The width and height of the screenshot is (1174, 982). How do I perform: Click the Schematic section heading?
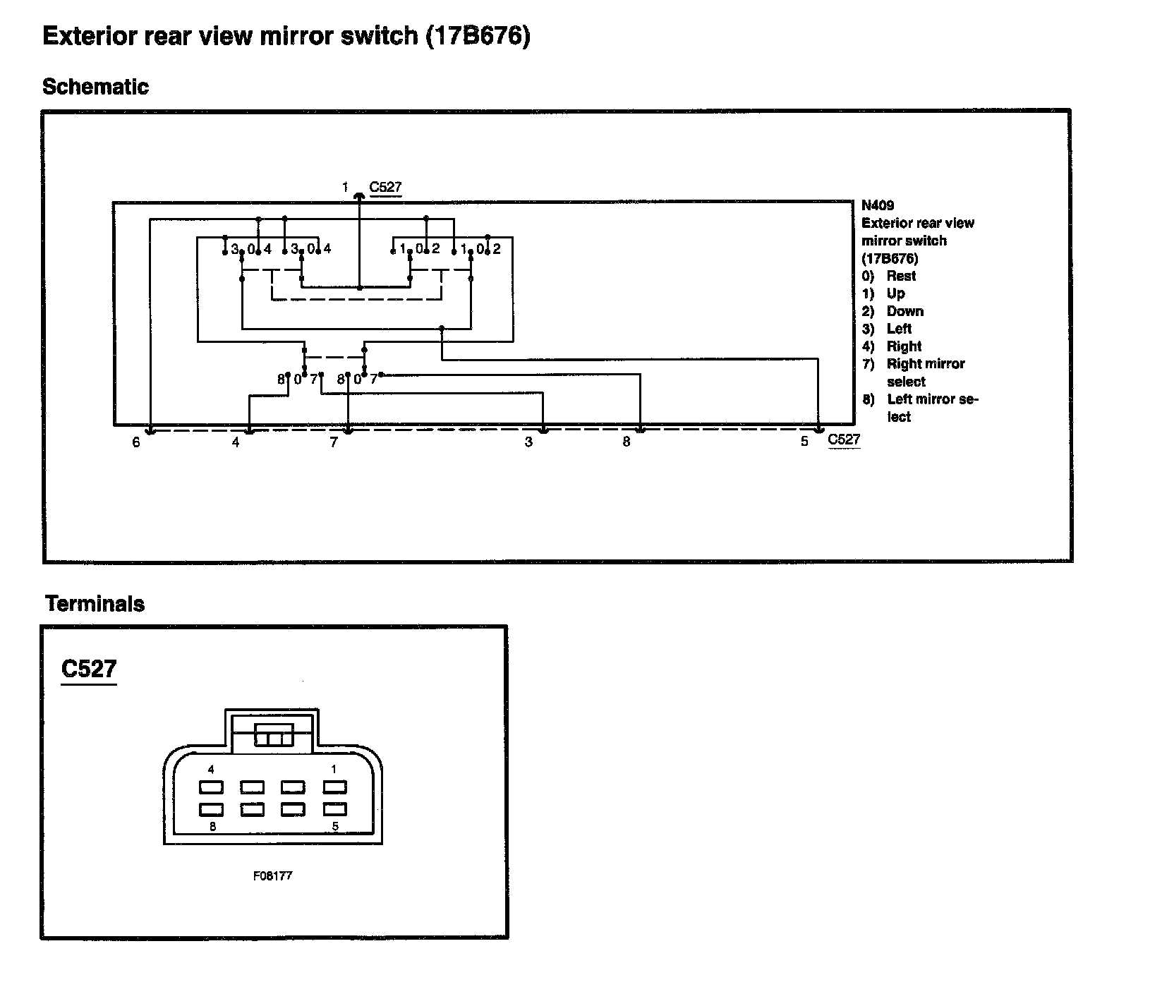(x=95, y=87)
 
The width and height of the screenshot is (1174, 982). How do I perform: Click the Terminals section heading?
(x=95, y=604)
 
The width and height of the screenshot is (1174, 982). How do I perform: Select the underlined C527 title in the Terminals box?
(x=89, y=668)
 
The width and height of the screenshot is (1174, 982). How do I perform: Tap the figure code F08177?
(x=272, y=875)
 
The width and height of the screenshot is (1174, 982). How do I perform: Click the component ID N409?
(x=878, y=205)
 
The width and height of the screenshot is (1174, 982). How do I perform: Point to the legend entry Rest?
(x=901, y=276)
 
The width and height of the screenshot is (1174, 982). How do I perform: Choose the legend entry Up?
(x=895, y=293)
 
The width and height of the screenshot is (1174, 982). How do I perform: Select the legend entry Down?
(x=904, y=311)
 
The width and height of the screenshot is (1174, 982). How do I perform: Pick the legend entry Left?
(x=899, y=329)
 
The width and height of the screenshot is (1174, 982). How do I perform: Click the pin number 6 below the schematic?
(x=136, y=442)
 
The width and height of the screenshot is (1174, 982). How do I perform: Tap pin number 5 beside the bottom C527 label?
(x=804, y=442)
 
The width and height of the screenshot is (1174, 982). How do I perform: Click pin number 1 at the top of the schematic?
(x=345, y=187)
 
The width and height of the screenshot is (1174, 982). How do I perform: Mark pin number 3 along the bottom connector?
(x=528, y=442)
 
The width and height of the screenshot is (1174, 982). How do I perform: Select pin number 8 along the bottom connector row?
(x=627, y=442)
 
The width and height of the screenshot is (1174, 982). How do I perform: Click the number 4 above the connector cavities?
(x=211, y=769)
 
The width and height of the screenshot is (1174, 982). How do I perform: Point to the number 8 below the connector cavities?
(x=212, y=827)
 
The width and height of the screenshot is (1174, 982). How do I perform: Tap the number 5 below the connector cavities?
(x=334, y=827)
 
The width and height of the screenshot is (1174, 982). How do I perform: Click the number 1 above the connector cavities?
(x=334, y=769)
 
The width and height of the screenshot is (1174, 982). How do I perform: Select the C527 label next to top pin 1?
(x=385, y=187)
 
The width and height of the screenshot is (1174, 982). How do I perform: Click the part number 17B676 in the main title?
(x=477, y=35)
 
